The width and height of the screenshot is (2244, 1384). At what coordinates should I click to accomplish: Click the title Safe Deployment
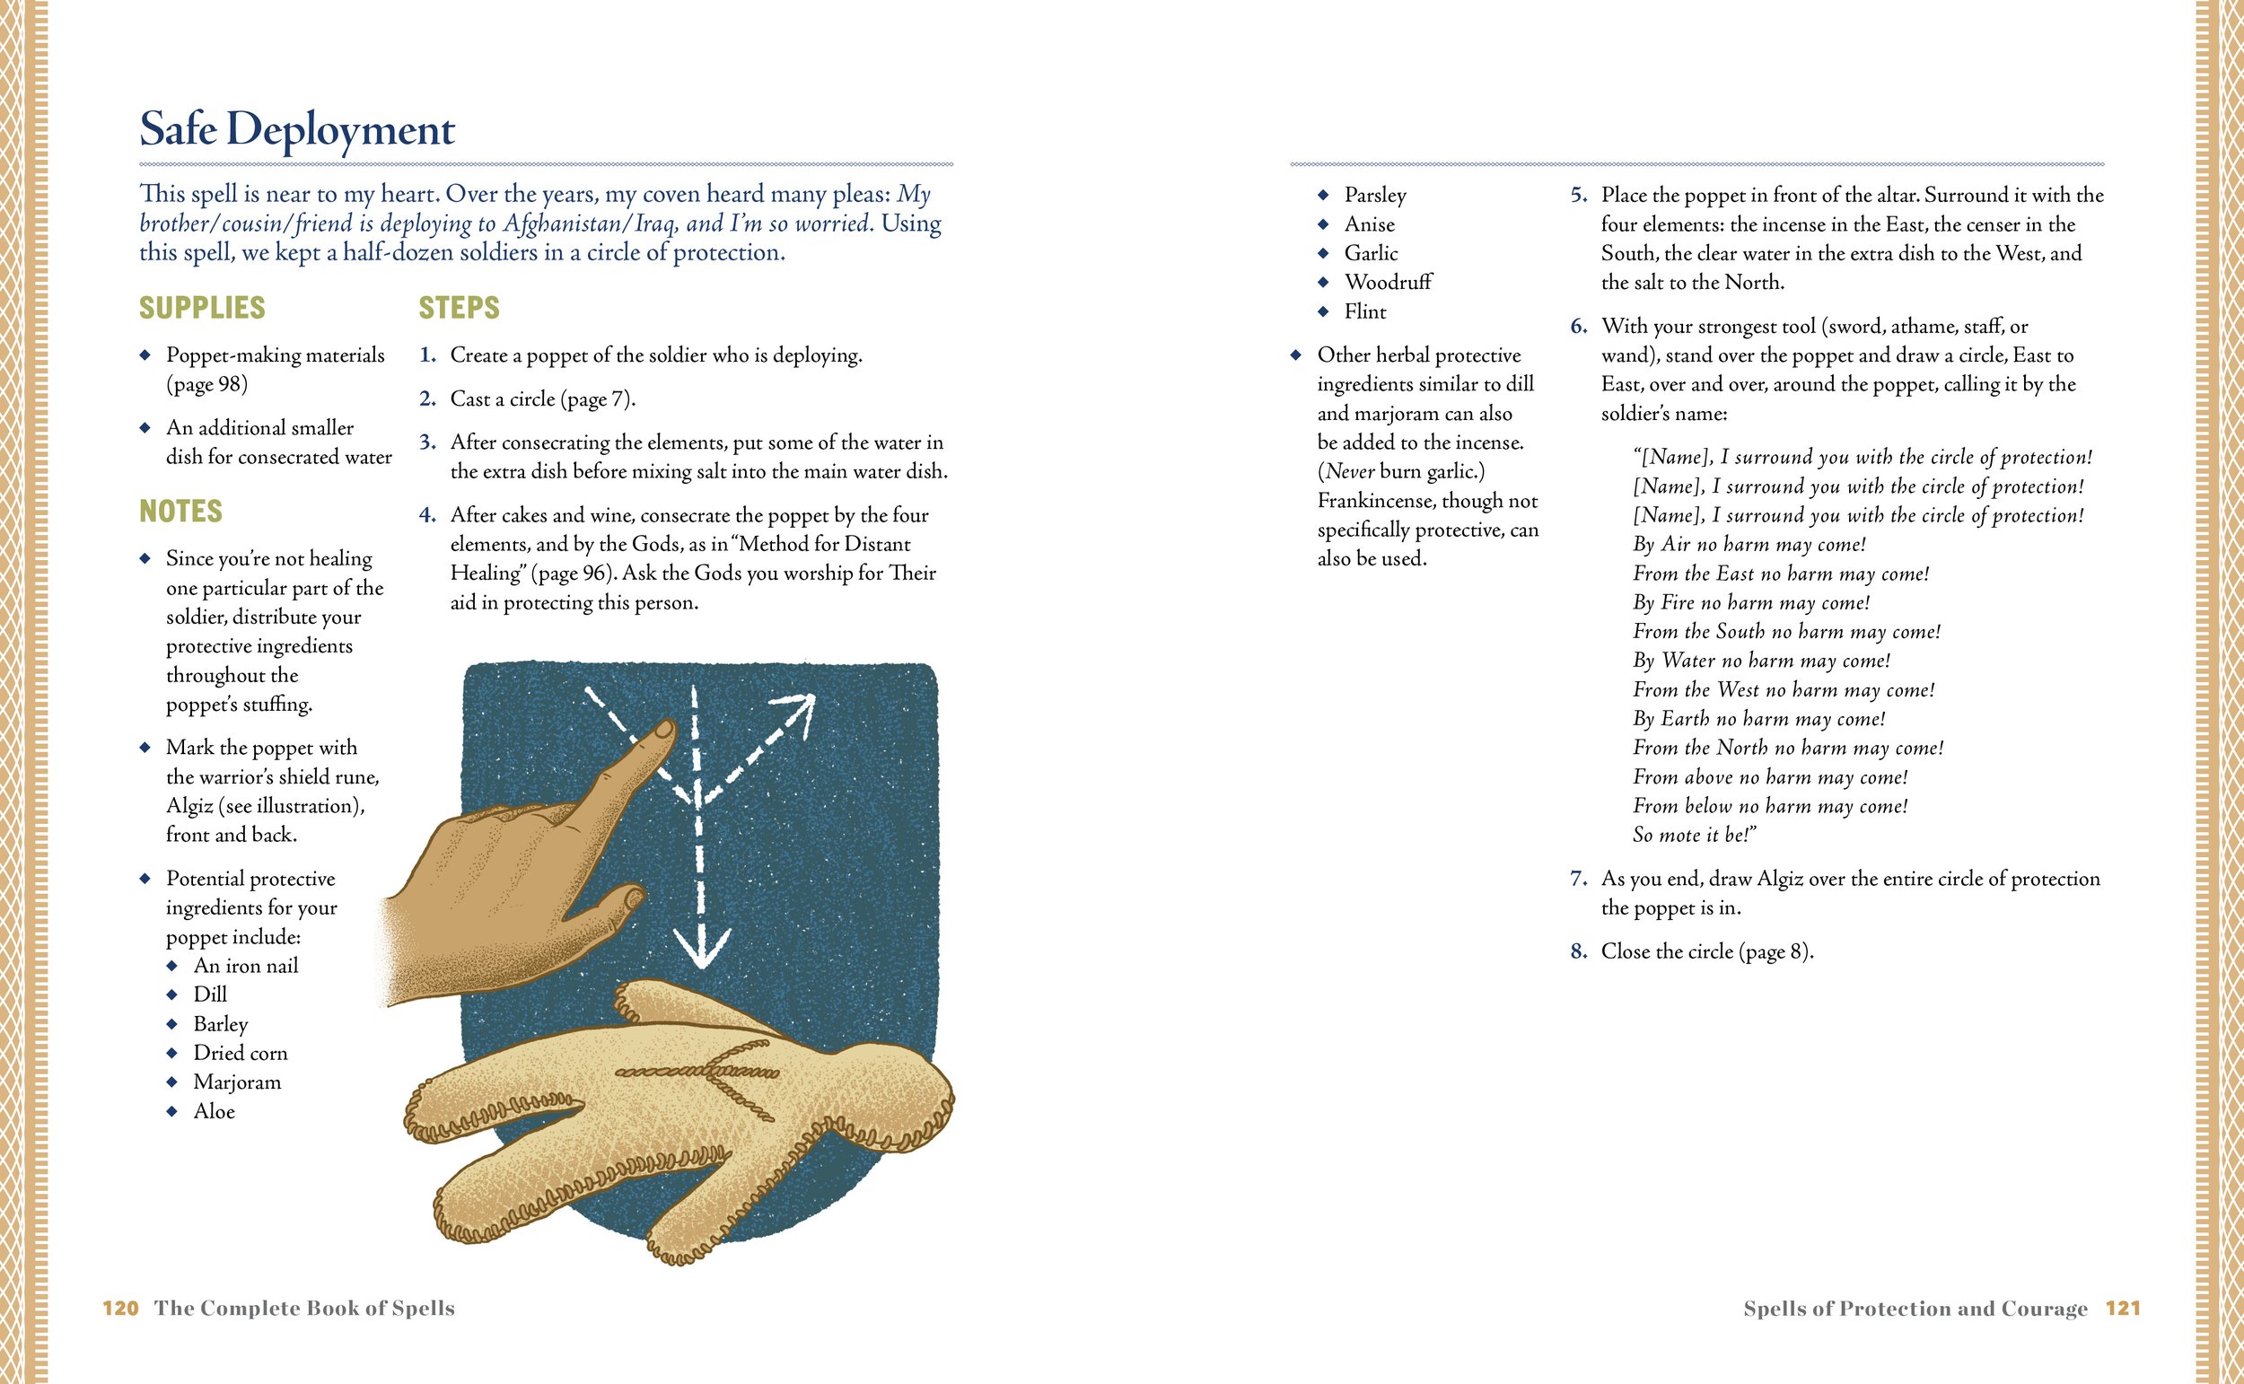pyautogui.click(x=296, y=130)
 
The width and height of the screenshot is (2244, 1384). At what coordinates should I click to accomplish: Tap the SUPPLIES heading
pyautogui.click(x=202, y=308)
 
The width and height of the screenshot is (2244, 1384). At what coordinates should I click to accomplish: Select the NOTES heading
pyautogui.click(x=180, y=511)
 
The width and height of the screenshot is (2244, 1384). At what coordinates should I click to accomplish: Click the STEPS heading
pyautogui.click(x=460, y=308)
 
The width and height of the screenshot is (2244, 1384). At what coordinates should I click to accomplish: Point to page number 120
pyautogui.click(x=121, y=1308)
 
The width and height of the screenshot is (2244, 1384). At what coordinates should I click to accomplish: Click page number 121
pyautogui.click(x=2123, y=1308)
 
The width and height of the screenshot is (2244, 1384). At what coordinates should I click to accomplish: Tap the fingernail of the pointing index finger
pyautogui.click(x=663, y=731)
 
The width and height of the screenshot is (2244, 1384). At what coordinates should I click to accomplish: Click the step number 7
pyautogui.click(x=1579, y=879)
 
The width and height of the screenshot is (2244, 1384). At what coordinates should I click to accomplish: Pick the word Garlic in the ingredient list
pyautogui.click(x=1371, y=253)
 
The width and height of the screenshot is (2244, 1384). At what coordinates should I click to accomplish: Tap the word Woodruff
pyautogui.click(x=1389, y=282)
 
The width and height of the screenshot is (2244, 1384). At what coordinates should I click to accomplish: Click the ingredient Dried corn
pyautogui.click(x=241, y=1053)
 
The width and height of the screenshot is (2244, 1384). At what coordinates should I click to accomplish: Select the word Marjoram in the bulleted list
pyautogui.click(x=237, y=1082)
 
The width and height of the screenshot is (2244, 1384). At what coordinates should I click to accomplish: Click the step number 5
pyautogui.click(x=1579, y=195)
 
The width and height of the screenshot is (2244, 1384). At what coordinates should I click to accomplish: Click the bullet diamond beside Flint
pyautogui.click(x=1323, y=311)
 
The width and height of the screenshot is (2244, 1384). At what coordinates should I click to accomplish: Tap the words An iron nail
pyautogui.click(x=246, y=966)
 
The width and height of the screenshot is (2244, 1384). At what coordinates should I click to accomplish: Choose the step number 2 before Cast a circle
pyautogui.click(x=427, y=399)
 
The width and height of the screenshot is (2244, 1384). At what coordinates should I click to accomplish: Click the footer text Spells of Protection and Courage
pyautogui.click(x=1915, y=1309)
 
